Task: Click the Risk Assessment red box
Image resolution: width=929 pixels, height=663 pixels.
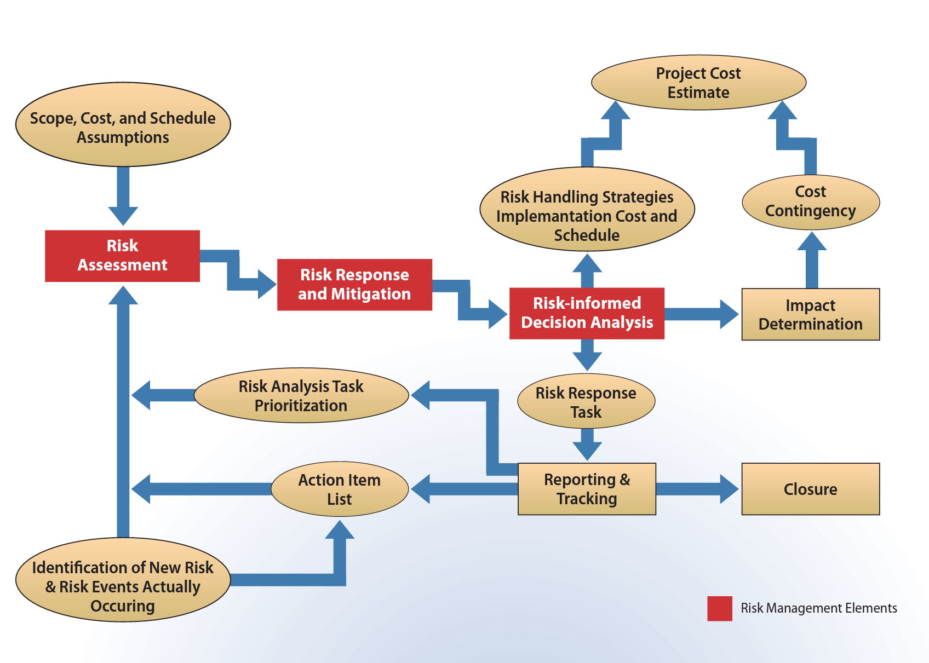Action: [x=122, y=256]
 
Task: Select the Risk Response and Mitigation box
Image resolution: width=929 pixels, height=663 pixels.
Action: [x=354, y=285]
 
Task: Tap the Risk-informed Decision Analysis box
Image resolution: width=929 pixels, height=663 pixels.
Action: [x=587, y=313]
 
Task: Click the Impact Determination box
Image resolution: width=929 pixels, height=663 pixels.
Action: [x=810, y=314]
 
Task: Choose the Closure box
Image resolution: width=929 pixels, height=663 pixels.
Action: [x=810, y=489]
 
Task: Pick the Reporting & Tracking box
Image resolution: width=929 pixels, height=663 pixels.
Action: [x=587, y=489]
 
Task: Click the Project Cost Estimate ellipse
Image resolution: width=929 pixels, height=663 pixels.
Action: [x=698, y=83]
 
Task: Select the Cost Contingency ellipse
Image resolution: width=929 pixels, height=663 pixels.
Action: [x=810, y=201]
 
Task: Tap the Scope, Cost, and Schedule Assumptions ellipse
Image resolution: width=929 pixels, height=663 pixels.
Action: [x=123, y=125]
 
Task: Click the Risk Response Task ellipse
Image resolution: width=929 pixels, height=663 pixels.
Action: [x=586, y=401]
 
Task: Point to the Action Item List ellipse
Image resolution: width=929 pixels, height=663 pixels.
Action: [x=340, y=489]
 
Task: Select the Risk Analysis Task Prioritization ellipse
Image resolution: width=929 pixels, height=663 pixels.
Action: [x=301, y=395]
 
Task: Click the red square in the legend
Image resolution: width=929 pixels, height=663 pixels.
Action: [x=719, y=608]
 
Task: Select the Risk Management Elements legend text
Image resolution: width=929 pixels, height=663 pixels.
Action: [x=818, y=608]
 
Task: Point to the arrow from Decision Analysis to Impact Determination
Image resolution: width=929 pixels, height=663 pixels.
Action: [x=701, y=314]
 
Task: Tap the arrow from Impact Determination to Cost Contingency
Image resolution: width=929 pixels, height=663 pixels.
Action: [x=811, y=260]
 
